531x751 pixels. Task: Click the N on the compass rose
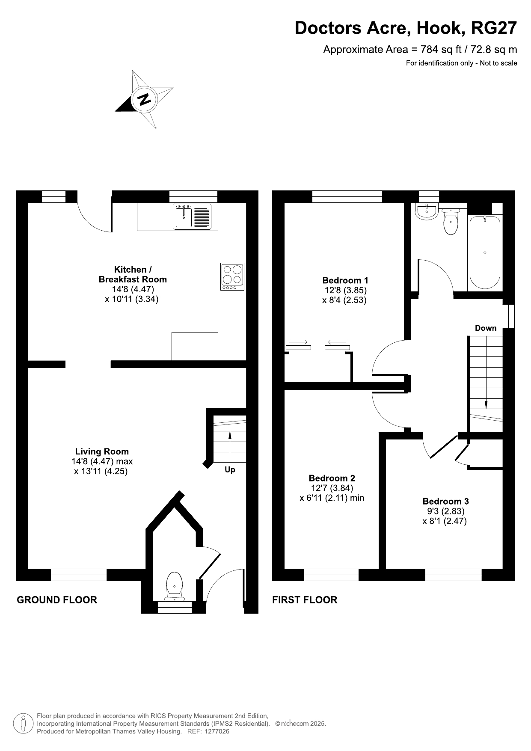click(x=145, y=99)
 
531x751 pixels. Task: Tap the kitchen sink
click(x=193, y=217)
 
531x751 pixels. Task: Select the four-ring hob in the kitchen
click(x=232, y=276)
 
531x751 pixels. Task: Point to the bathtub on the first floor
click(x=485, y=252)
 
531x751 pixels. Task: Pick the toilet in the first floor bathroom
click(x=450, y=221)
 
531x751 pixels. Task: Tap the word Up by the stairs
click(x=230, y=470)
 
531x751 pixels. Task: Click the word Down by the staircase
click(x=486, y=328)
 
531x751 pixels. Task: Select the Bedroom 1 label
click(x=345, y=280)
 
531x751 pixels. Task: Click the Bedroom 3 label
click(x=445, y=501)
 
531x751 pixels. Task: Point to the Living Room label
click(x=102, y=451)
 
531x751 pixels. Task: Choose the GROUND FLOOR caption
click(x=57, y=600)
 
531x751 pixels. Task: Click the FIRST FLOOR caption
click(x=305, y=600)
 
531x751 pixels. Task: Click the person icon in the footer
click(x=24, y=723)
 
